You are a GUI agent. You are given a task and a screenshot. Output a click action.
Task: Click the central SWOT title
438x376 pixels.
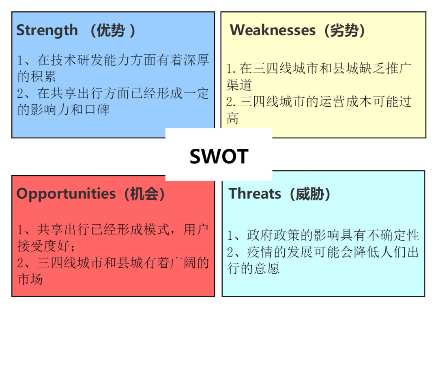(219, 156)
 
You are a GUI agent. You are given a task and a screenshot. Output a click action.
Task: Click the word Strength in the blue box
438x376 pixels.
(47, 30)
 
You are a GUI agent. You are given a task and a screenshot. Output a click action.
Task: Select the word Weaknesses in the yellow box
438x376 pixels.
(273, 30)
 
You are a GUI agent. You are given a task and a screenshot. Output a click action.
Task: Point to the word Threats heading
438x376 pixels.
(255, 193)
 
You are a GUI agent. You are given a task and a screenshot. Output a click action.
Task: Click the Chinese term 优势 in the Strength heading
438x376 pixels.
(111, 30)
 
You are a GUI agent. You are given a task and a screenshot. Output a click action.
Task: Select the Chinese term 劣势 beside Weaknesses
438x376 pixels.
(344, 30)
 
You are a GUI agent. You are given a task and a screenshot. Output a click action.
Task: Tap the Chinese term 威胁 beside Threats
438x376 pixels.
(310, 194)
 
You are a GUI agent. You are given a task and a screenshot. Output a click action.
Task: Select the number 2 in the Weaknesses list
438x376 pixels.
(229, 102)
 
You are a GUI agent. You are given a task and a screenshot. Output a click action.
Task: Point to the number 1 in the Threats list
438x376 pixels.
(230, 236)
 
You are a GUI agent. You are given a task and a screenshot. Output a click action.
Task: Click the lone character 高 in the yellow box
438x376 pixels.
(232, 118)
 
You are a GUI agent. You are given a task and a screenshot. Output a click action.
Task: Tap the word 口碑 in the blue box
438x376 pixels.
(97, 110)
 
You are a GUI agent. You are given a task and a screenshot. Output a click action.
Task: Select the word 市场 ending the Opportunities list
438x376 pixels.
(30, 279)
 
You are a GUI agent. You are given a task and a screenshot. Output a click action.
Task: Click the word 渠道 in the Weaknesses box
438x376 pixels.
(239, 85)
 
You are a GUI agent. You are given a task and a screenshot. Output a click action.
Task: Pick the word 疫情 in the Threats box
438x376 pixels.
(260, 252)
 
